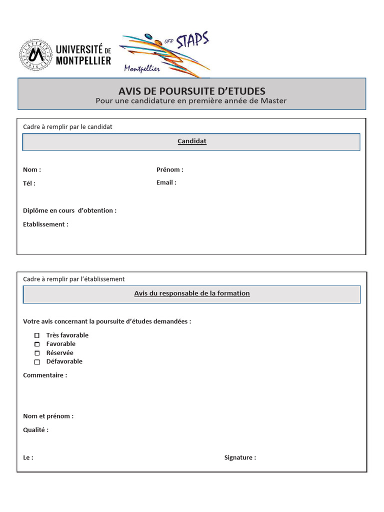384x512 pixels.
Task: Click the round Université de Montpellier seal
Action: [x=35, y=55]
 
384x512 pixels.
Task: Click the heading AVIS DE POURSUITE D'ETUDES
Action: [x=192, y=91]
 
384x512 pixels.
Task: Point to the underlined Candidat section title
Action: [x=192, y=141]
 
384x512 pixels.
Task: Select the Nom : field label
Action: [x=32, y=169]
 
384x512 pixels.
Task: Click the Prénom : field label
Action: [x=170, y=169]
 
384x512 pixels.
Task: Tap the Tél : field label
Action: [x=29, y=183]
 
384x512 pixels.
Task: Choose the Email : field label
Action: [x=166, y=182]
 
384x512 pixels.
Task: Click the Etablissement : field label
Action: [x=45, y=224]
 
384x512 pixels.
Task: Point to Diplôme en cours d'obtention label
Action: [x=69, y=210]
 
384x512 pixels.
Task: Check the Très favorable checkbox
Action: [x=36, y=335]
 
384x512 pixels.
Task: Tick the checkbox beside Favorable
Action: [x=36, y=344]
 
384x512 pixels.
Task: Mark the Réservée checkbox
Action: [x=36, y=353]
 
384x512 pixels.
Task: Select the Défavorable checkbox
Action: [x=36, y=362]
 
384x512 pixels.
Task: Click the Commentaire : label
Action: [x=45, y=375]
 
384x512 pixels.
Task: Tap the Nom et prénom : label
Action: [x=48, y=416]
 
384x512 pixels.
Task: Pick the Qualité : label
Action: [x=36, y=430]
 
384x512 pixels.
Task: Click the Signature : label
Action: [x=240, y=457]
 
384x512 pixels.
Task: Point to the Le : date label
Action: [x=28, y=457]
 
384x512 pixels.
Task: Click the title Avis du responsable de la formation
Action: [x=192, y=293]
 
